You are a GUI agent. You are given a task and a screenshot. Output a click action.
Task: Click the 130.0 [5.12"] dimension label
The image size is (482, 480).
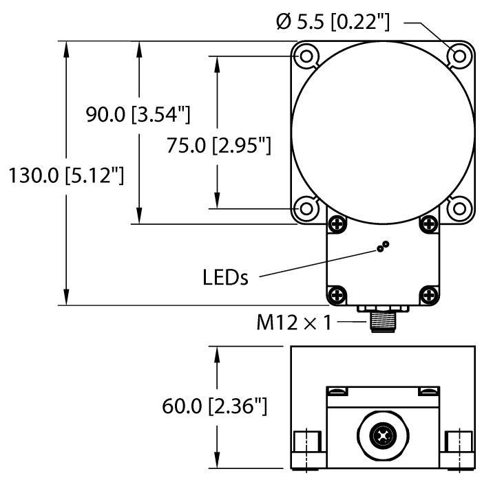pos(65,177)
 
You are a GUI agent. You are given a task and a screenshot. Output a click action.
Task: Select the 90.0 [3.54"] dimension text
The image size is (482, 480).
pos(138,115)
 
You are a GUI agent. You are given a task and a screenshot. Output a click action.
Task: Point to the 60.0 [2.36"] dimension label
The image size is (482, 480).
pos(214,407)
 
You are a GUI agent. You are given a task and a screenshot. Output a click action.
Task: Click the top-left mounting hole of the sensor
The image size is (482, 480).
pos(305,54)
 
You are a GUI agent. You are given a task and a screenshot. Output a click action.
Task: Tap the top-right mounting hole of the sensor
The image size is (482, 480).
pos(457,54)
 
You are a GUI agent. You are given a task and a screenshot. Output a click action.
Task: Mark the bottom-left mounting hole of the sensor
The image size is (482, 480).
pos(305,207)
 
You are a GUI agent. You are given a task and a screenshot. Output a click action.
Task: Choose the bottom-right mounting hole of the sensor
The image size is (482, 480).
pos(457,207)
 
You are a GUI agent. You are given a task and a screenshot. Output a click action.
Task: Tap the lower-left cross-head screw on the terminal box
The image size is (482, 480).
pos(336,295)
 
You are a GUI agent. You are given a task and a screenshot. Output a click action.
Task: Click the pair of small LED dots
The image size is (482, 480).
pos(382,247)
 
